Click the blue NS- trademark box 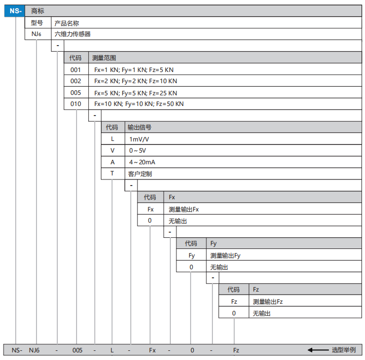(x=14, y=11)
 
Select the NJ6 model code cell (x=36, y=34)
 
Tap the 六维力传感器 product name (x=72, y=34)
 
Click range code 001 (x=76, y=69)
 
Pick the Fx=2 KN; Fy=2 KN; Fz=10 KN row (x=135, y=81)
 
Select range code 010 (x=76, y=104)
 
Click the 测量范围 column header (x=104, y=58)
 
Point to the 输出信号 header (x=139, y=127)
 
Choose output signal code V (x=113, y=151)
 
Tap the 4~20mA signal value (x=142, y=162)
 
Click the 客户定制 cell (x=140, y=174)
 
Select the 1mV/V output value (x=139, y=139)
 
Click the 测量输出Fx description (x=184, y=209)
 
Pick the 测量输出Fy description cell (x=225, y=256)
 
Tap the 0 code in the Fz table (x=234, y=313)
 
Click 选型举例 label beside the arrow (x=344, y=350)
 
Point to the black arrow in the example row (x=318, y=350)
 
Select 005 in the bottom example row (x=77, y=350)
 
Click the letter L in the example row (x=112, y=350)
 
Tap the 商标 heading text (x=38, y=11)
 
